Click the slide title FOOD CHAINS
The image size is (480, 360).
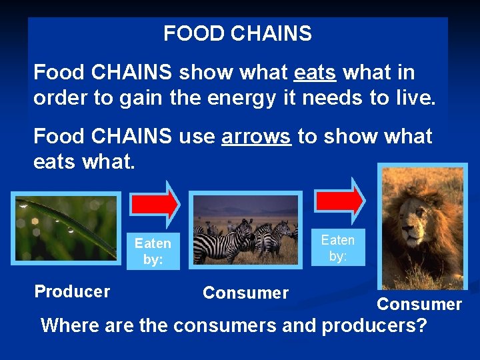[x=237, y=33]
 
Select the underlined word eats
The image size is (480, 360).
[x=314, y=72]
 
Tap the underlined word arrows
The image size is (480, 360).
[x=256, y=137]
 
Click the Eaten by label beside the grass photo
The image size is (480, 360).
[x=153, y=251]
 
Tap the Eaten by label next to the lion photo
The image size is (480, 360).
[x=338, y=247]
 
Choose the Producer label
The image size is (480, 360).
[x=72, y=291]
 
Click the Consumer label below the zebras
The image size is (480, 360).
[x=245, y=293]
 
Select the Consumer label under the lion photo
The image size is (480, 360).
[x=419, y=304]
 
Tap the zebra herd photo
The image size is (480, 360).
[x=245, y=237]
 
